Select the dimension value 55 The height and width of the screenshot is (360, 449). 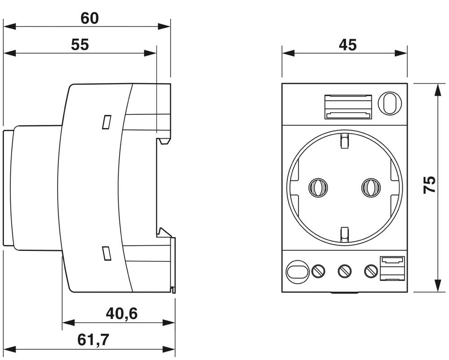coord(80,44)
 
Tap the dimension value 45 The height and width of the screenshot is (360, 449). coord(347,45)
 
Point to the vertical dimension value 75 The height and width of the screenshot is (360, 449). coord(430,184)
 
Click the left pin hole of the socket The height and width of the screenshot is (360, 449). coord(318,187)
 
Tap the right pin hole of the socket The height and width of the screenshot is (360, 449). coord(371,187)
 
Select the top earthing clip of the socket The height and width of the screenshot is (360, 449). coord(344,140)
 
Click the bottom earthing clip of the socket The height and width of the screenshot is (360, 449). coord(344,234)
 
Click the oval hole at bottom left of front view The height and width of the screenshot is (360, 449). coord(297,271)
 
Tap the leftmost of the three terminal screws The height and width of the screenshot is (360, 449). coord(319,271)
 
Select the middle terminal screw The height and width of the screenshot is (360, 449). coord(344,271)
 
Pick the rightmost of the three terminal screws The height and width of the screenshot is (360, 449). coord(370,271)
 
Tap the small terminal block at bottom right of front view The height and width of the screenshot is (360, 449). coord(392,268)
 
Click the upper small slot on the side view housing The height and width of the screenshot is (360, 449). coord(106,122)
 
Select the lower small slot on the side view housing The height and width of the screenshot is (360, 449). coord(106,253)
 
